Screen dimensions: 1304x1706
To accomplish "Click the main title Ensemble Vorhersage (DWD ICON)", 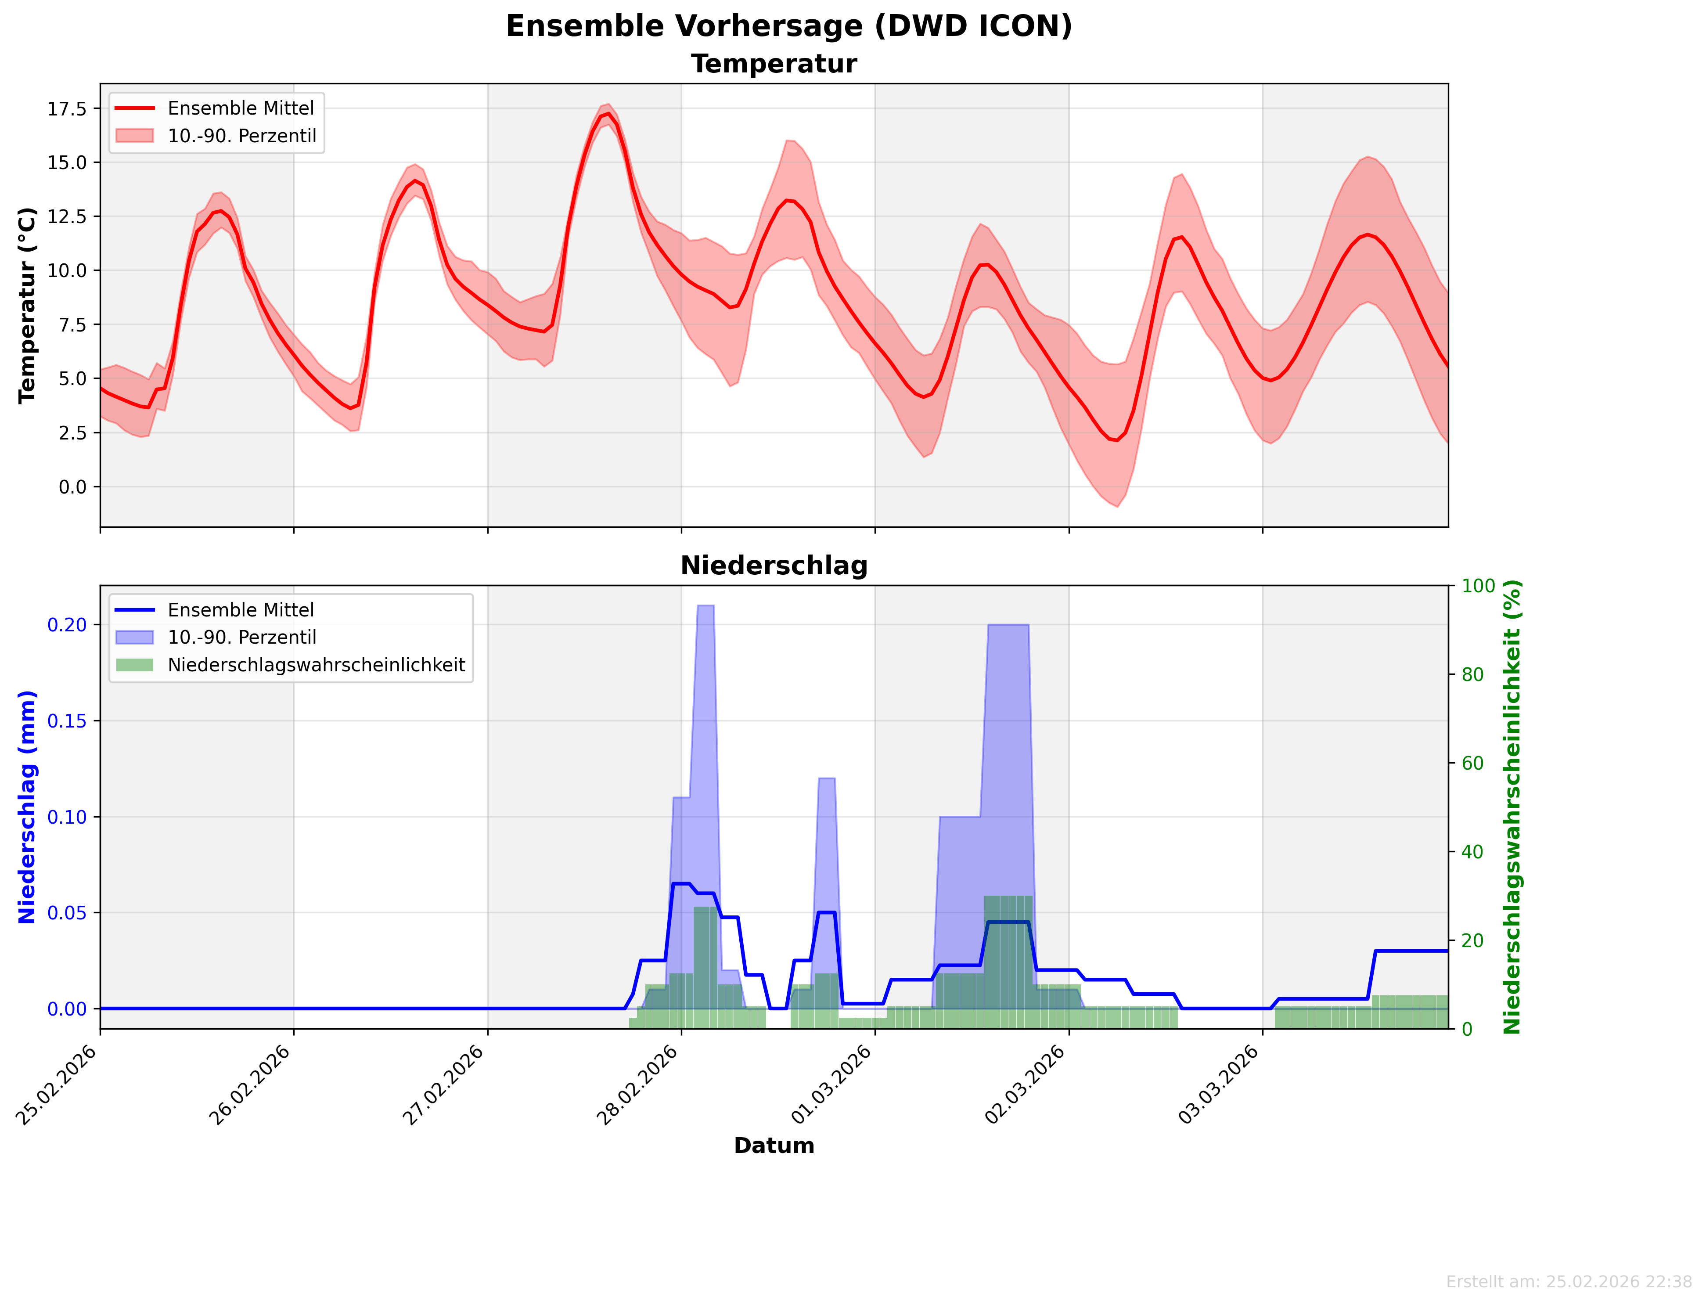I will (x=788, y=26).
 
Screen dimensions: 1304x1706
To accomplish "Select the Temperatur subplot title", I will (x=774, y=64).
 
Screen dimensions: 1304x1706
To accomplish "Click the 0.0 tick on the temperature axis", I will (x=72, y=487).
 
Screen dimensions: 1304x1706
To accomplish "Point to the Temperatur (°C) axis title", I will (x=27, y=305).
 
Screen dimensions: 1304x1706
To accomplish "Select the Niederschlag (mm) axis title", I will (x=27, y=807).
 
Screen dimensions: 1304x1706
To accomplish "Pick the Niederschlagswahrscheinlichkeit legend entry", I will (x=316, y=665).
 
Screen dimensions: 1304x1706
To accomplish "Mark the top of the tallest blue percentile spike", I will (x=705, y=606).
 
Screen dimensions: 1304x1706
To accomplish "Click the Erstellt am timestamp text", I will (x=1569, y=1282).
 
